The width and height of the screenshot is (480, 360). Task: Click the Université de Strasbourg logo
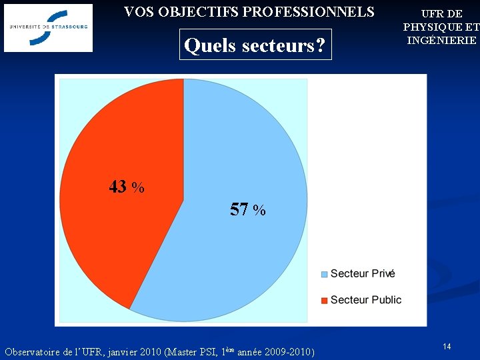48,28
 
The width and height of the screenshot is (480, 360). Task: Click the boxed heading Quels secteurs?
255,45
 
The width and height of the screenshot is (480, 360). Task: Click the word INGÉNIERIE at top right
441,40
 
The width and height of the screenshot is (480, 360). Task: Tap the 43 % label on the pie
127,187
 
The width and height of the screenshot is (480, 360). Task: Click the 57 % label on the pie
247,210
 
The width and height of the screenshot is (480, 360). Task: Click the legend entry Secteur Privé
363,273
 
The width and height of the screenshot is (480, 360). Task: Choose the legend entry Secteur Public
365,300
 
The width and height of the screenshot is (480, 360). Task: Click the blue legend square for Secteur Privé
325,274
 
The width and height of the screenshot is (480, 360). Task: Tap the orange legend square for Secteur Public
325,301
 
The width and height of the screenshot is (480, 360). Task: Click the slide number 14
447,347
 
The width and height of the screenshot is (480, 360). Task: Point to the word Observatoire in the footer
32,351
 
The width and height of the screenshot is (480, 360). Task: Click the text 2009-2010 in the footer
289,351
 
